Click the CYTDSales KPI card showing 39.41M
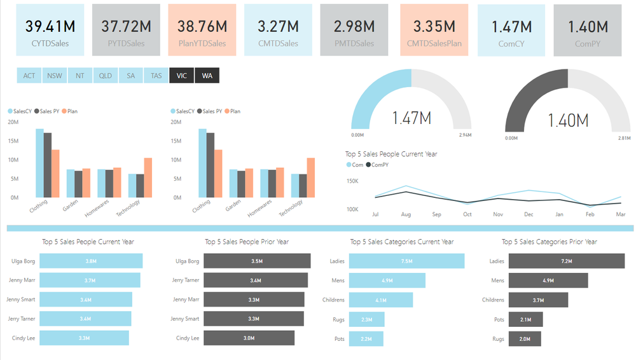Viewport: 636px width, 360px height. tap(50, 30)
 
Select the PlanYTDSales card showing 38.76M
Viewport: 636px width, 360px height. tap(202, 30)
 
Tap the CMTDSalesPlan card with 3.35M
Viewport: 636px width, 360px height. tap(434, 30)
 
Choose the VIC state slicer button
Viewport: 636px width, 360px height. tap(182, 76)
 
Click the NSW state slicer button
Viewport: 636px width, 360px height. tap(55, 76)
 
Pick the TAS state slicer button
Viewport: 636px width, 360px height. tap(156, 76)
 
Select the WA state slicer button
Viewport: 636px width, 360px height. tap(207, 76)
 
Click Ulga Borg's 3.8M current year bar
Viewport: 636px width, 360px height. tap(91, 261)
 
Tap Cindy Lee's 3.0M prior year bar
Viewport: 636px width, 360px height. tap(249, 338)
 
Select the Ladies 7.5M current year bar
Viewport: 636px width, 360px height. tap(406, 261)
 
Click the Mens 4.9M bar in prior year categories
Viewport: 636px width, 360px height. tap(548, 280)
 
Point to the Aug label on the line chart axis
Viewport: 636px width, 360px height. tap(406, 215)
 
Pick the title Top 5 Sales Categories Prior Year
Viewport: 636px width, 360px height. tap(549, 242)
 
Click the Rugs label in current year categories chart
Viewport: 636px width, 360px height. tap(338, 319)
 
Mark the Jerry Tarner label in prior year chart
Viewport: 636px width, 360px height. tap(186, 280)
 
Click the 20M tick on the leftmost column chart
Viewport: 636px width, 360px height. tap(13, 122)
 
